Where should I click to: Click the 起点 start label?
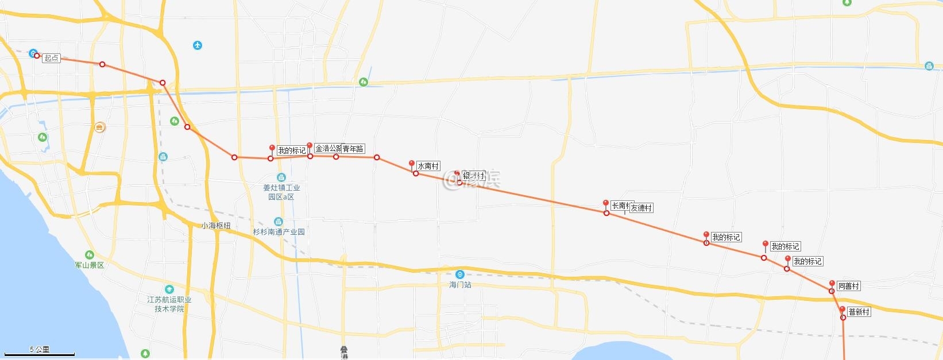(x=52, y=58)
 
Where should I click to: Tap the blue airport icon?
(x=198, y=45)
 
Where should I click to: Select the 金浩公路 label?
(x=328, y=148)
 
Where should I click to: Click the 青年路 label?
(x=353, y=149)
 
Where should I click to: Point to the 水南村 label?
(x=428, y=166)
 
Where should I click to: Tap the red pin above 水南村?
(x=412, y=164)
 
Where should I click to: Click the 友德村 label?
(x=641, y=208)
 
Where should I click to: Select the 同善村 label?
(x=848, y=286)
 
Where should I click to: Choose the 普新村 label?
(x=859, y=312)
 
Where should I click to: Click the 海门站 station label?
(x=460, y=285)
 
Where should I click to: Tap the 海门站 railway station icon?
(x=459, y=274)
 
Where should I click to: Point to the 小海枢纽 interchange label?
(x=216, y=226)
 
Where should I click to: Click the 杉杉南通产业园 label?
(x=279, y=232)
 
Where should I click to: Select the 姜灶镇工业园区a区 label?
(x=281, y=192)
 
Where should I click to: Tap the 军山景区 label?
(x=90, y=265)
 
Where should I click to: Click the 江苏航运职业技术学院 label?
(x=169, y=304)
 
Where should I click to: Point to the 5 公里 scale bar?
(x=52, y=353)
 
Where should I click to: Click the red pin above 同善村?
(x=832, y=284)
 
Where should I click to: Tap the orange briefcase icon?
(x=100, y=127)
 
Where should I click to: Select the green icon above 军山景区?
(x=89, y=255)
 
